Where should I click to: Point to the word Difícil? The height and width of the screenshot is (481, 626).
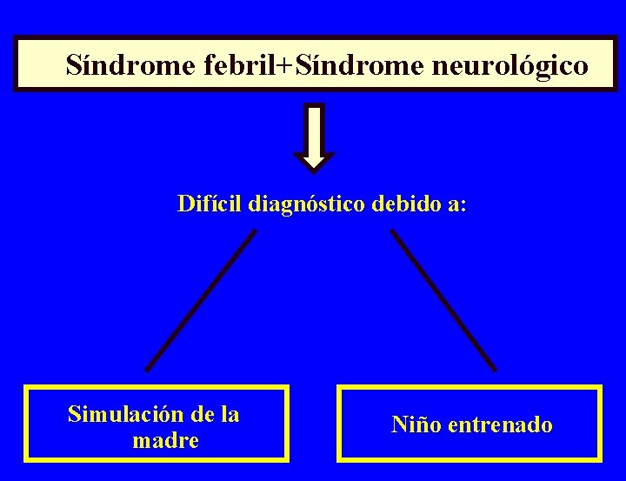(210, 204)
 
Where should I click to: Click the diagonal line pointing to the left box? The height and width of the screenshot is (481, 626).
(202, 299)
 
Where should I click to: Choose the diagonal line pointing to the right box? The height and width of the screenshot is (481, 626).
(443, 299)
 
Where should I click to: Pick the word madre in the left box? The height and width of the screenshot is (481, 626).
(165, 441)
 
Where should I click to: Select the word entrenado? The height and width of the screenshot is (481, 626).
(500, 425)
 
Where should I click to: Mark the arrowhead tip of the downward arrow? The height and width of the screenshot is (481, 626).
(314, 166)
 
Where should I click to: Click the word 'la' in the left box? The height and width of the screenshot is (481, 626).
(230, 414)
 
